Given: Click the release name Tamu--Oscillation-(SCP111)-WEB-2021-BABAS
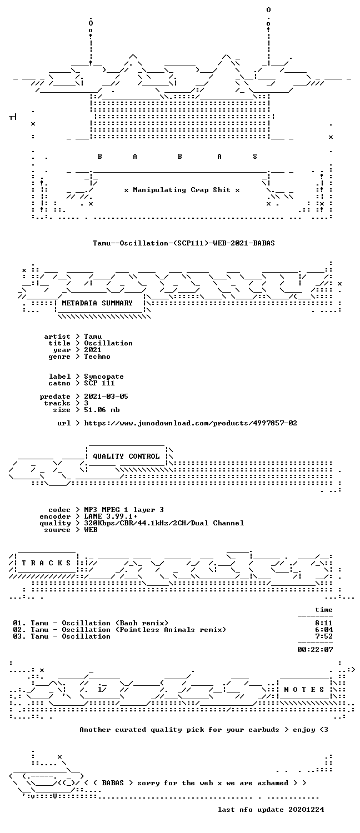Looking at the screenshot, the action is (x=184, y=243).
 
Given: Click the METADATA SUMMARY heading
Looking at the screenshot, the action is (x=97, y=303).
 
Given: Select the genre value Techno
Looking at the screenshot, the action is (x=97, y=357).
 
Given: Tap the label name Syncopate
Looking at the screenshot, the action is (x=104, y=377).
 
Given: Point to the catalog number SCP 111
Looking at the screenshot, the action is (x=99, y=383).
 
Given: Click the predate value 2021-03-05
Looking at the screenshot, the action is (x=106, y=397).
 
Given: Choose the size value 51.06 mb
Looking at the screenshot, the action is (x=102, y=410).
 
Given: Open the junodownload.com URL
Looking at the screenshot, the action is (x=191, y=423).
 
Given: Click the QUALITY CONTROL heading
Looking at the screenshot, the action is (x=126, y=456).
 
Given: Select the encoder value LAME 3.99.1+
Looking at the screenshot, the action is (x=111, y=516).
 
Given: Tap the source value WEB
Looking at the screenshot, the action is (x=91, y=530).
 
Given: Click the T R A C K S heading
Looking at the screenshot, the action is (x=46, y=563).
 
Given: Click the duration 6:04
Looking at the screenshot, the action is (x=324, y=630).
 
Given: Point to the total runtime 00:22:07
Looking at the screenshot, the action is (x=315, y=650).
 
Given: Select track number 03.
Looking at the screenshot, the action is (x=17, y=636).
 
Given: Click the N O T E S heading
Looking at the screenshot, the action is (x=304, y=690).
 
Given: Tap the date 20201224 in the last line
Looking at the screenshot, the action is (x=306, y=810).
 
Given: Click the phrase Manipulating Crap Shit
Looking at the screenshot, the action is (x=182, y=190).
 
